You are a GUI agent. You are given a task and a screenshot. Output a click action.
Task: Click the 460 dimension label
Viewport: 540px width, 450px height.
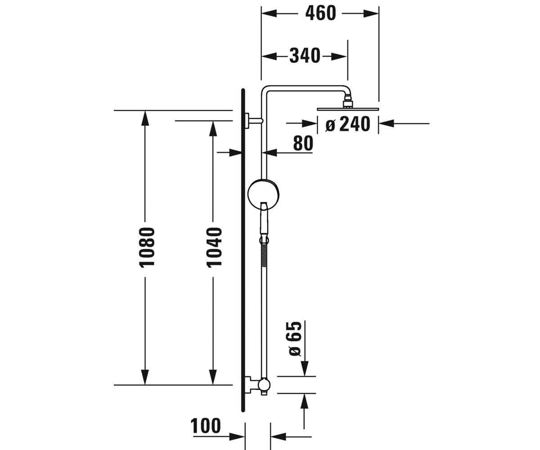[x=320, y=13]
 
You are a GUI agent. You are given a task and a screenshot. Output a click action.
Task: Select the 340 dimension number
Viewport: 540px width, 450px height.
[x=305, y=56]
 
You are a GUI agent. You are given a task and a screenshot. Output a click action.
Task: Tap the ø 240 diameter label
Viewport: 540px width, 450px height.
[x=347, y=124]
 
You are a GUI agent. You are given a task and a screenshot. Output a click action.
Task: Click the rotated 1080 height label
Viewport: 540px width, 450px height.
[x=147, y=247]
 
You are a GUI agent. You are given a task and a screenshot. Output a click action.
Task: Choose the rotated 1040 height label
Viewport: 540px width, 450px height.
[x=214, y=247]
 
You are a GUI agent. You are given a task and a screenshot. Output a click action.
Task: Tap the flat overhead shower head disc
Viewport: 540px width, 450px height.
[x=348, y=109]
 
